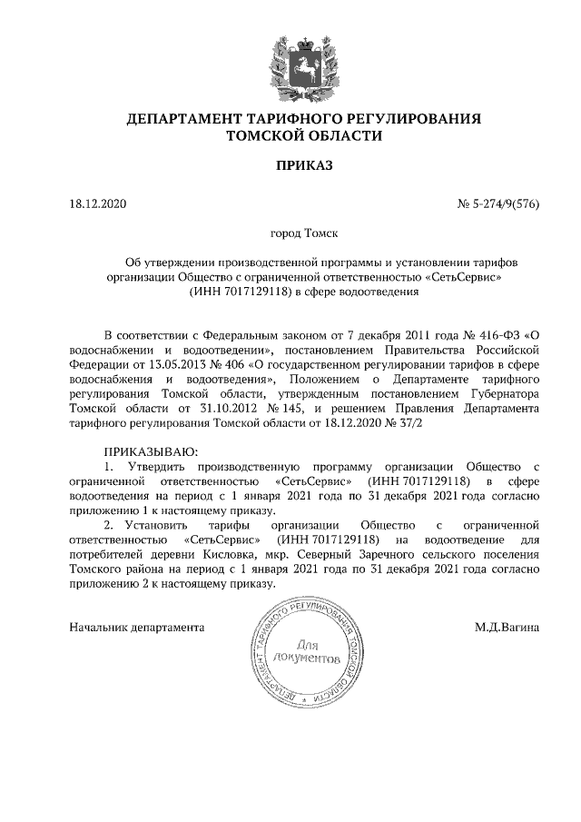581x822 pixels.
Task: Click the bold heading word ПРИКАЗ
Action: tap(290, 166)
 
